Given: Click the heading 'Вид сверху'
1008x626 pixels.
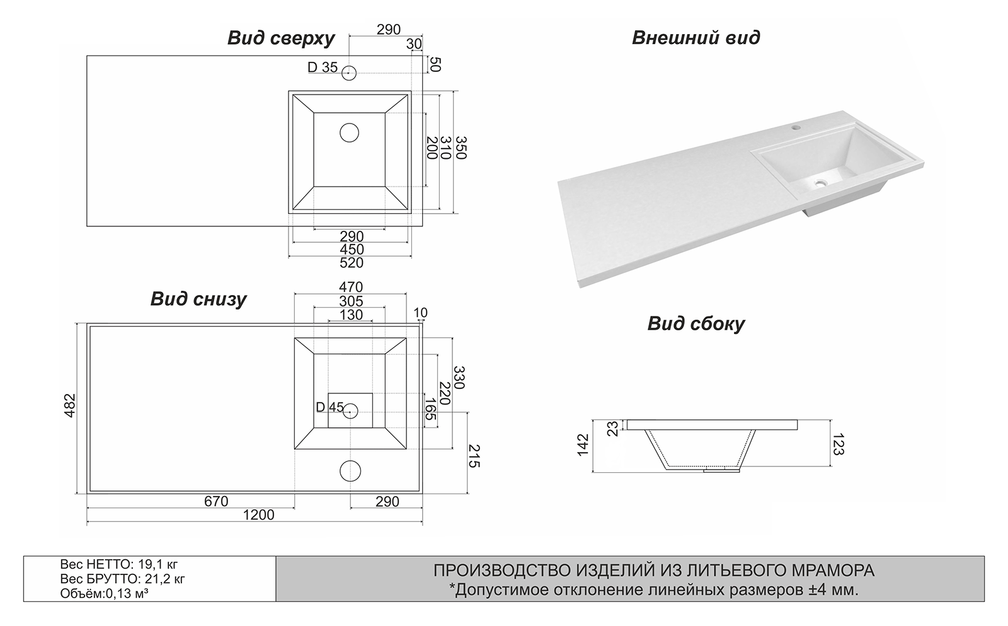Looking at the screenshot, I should (281, 38).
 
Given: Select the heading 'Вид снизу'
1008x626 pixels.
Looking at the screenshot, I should (198, 299).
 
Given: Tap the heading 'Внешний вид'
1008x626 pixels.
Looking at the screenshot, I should (696, 38).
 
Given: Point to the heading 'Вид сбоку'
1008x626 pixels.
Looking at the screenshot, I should (696, 324).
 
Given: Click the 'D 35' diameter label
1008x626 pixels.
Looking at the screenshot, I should (322, 67).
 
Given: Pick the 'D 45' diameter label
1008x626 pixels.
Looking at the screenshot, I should (329, 407).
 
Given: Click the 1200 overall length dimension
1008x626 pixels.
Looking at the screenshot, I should (259, 515).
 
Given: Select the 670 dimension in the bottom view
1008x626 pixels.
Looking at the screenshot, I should (216, 501).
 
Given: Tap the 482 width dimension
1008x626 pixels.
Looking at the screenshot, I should (70, 405).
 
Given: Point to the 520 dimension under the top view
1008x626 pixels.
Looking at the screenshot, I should (351, 263).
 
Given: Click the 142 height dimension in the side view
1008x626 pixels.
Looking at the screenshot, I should (583, 445).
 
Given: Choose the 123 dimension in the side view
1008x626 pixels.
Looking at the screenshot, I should (837, 444).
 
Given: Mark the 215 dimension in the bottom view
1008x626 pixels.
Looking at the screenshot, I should (474, 456).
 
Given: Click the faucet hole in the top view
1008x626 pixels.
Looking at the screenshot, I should (349, 72).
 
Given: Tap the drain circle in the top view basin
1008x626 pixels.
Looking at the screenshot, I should (349, 132).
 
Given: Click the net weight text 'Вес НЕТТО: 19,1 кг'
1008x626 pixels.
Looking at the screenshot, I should (115, 564).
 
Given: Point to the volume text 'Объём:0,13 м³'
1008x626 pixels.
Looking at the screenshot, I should (105, 593).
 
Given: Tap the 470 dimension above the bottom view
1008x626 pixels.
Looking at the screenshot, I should (351, 287).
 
